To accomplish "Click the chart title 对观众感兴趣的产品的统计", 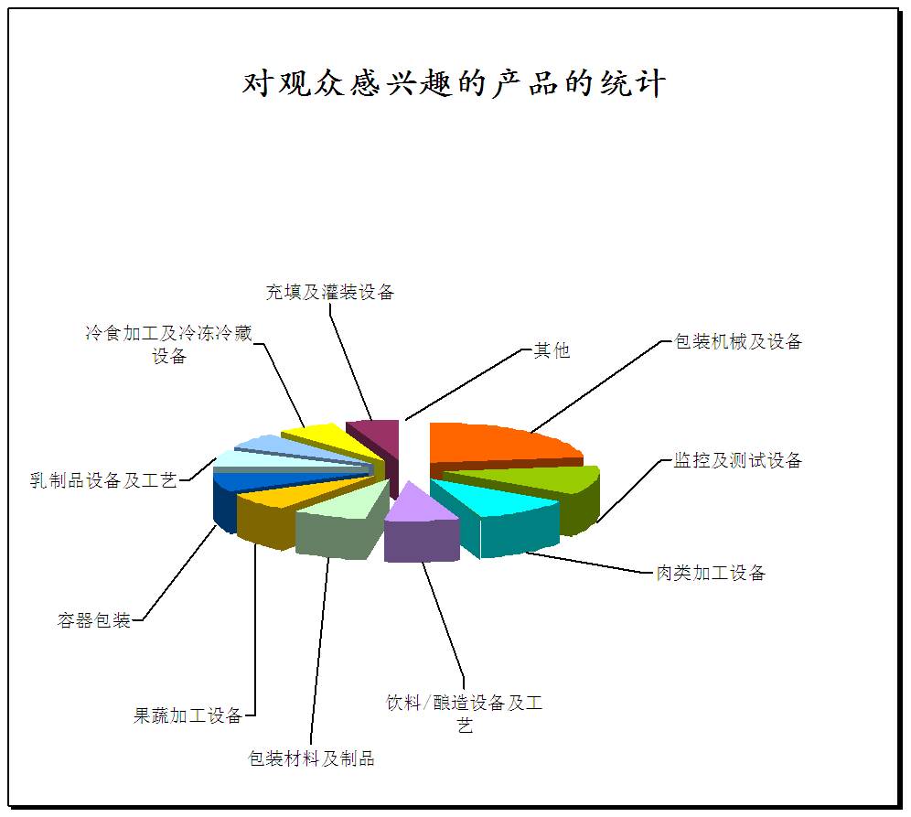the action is click(x=454, y=83).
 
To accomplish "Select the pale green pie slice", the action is click(x=342, y=517).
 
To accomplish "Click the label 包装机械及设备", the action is click(x=738, y=341).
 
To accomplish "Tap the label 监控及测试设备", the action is click(x=738, y=460).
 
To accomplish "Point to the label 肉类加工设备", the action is click(x=711, y=573).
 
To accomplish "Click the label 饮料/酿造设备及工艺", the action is click(x=465, y=714).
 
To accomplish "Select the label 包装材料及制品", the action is click(x=311, y=758).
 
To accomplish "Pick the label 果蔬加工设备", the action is click(x=188, y=715).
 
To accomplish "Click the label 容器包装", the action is click(x=93, y=620).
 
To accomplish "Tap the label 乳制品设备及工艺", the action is click(x=102, y=480).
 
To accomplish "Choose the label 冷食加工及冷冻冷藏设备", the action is click(x=168, y=344).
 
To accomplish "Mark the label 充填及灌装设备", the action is click(x=330, y=292).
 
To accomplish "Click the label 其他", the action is click(x=552, y=350).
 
